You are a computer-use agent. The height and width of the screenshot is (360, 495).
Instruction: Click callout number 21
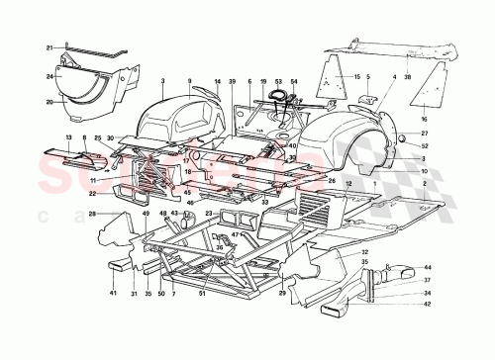[48, 46]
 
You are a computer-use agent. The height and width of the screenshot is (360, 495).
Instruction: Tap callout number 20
[48, 102]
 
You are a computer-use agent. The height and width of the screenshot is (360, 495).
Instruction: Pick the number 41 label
[113, 294]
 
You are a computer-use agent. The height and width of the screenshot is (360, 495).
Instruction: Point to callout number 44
[428, 268]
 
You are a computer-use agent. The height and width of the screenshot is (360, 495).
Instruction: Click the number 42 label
[428, 305]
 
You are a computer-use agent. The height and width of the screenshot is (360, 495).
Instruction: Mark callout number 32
[365, 253]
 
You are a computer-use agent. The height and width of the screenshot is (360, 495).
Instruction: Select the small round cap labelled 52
[406, 144]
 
